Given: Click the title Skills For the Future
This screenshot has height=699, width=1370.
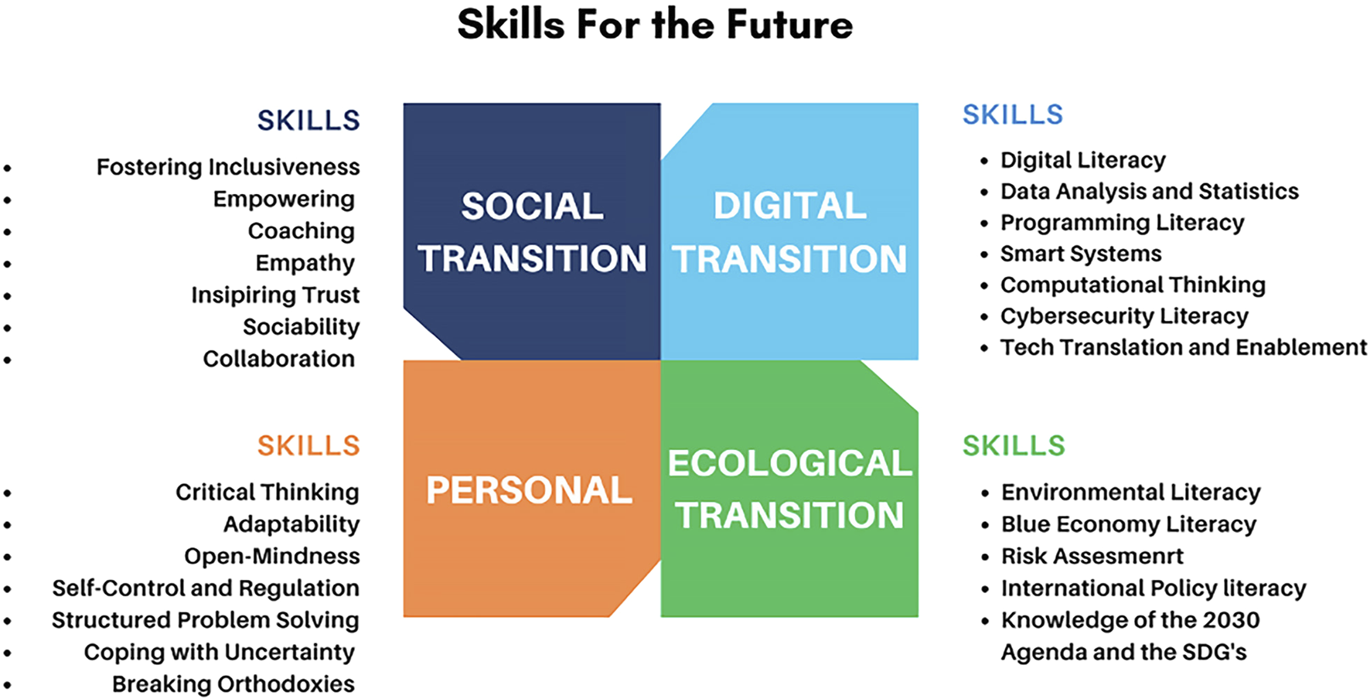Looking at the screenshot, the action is [655, 24].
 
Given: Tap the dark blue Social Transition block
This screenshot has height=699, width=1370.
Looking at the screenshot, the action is [532, 231].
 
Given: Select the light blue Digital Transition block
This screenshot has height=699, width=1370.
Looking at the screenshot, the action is [789, 231].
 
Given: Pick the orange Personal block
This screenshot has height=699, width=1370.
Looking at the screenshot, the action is [532, 489].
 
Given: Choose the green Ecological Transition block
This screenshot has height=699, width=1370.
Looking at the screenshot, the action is [789, 489].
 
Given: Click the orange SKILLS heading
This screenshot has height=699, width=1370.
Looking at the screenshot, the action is [308, 445].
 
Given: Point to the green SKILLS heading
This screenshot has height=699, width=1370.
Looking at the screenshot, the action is [1014, 445].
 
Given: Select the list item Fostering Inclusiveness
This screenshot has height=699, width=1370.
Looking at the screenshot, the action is [228, 167].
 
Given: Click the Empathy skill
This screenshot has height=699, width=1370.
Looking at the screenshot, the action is [305, 263].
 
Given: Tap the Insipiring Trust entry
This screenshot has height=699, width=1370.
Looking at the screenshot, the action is [275, 295].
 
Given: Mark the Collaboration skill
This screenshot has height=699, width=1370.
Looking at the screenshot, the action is [279, 359].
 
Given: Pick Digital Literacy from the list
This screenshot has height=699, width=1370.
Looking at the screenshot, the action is [1083, 160].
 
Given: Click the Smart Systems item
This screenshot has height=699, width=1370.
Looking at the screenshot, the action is [1081, 254].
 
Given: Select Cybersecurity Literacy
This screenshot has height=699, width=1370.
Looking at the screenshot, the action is [1124, 316].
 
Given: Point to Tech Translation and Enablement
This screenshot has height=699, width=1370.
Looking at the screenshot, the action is [1184, 347].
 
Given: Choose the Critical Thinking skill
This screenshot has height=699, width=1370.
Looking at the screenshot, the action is [268, 493].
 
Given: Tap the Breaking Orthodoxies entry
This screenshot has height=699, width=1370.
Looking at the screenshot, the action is [233, 684].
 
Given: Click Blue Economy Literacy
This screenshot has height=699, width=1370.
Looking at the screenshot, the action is [1129, 524].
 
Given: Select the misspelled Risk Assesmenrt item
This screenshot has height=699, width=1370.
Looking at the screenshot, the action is [1092, 556].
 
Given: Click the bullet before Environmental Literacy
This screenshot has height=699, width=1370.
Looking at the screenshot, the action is [985, 493].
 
